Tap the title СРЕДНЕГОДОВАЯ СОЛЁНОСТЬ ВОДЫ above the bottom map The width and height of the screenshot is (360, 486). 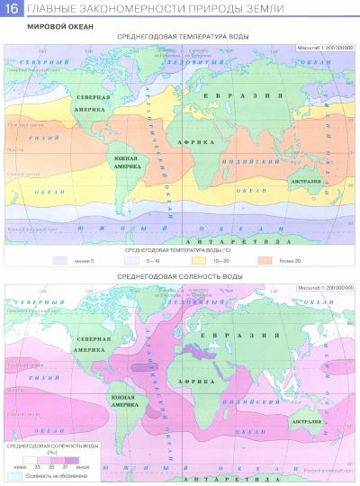tap(179, 253)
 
